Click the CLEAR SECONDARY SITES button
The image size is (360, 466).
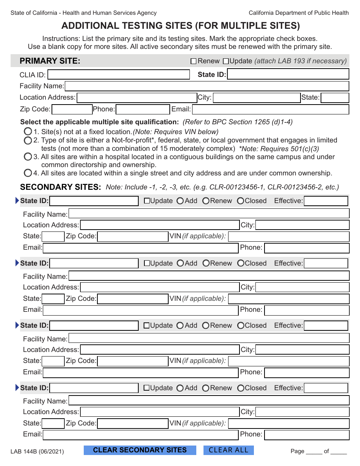coord(140,450)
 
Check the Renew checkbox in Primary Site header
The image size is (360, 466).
coord(194,61)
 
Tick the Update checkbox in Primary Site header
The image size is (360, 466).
coord(226,61)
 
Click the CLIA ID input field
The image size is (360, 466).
coord(118,75)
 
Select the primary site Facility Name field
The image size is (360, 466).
coord(207,86)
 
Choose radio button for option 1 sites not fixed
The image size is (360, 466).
coord(28,132)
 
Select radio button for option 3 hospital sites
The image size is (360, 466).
coord(28,157)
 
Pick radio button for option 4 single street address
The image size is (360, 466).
coord(28,173)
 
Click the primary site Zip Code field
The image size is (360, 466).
coord(72,109)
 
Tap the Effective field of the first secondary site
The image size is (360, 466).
coord(326,201)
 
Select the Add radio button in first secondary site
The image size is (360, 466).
coord(180,201)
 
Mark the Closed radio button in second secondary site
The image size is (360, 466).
coord(241,263)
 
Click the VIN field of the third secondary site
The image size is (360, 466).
coord(288,361)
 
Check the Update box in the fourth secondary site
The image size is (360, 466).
coord(147,388)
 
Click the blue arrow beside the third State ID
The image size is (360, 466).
coord(17,325)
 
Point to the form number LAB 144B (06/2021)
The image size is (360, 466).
coord(37,451)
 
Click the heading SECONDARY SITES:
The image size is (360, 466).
coord(60,187)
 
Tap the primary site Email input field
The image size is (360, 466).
coord(270,109)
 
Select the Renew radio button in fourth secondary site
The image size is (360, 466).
coord(206,388)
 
